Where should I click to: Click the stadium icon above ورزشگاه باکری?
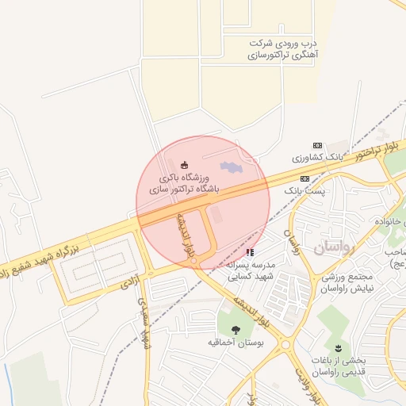pyautogui.click(x=185, y=165)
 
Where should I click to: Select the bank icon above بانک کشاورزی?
pyautogui.click(x=318, y=146)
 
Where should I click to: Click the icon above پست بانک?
pyautogui.click(x=304, y=179)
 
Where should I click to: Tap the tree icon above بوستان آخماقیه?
pyautogui.click(x=235, y=330)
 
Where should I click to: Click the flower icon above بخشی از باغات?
pyautogui.click(x=339, y=348)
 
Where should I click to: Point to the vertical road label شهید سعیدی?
pyautogui.click(x=144, y=324)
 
